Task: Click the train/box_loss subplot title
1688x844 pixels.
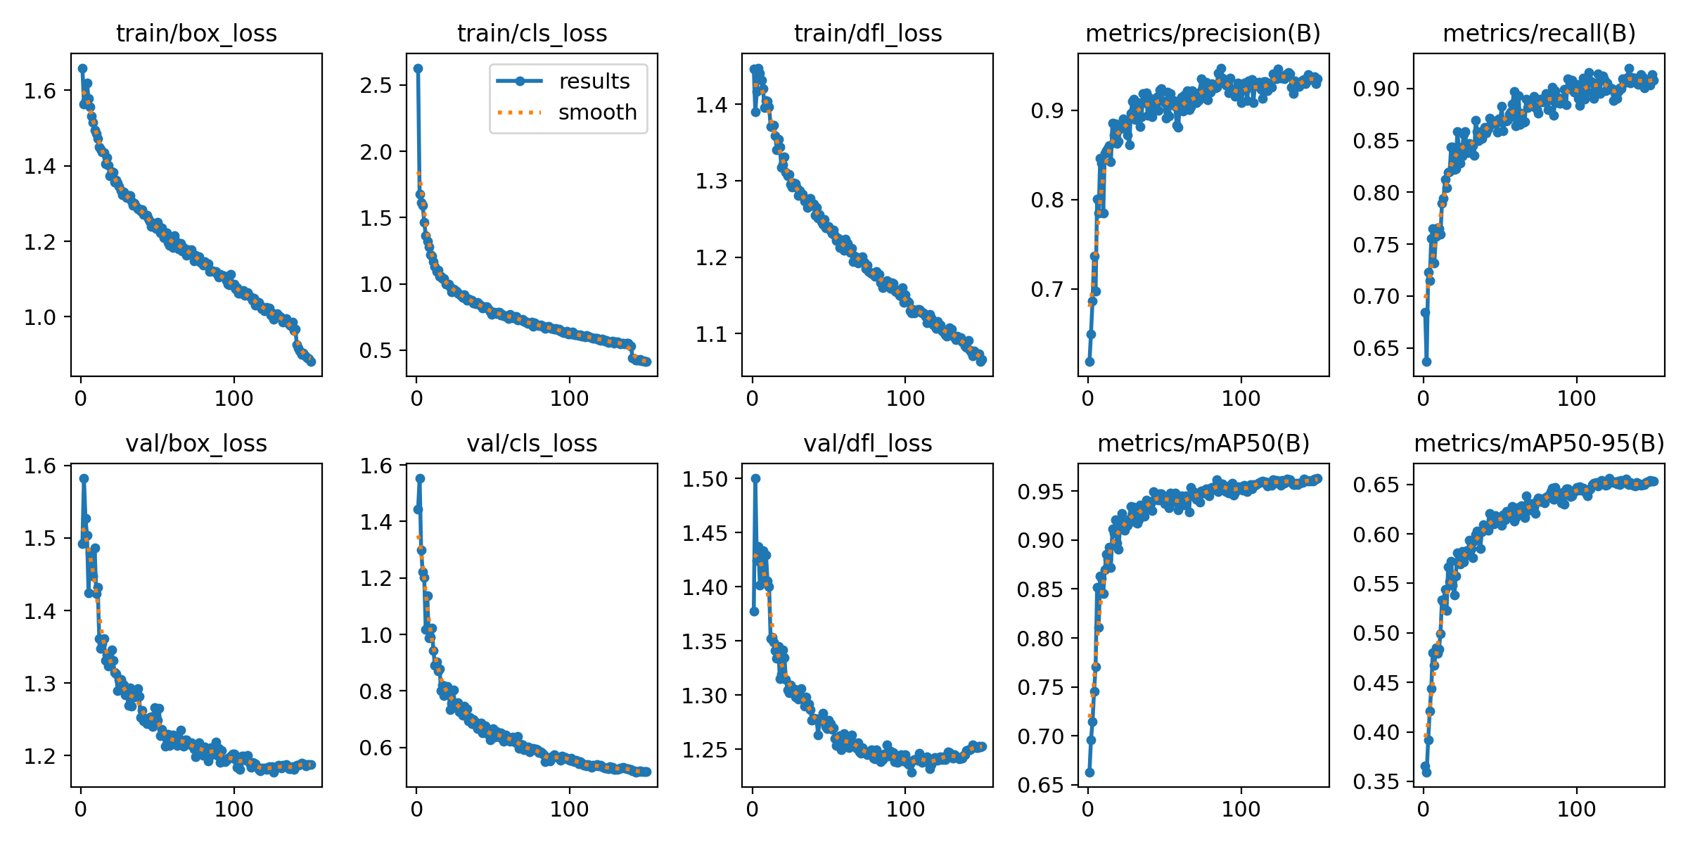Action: pos(196,34)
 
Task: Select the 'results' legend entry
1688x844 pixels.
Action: pos(594,82)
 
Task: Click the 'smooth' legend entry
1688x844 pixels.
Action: pos(597,113)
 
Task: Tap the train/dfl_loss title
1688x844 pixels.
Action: pos(867,34)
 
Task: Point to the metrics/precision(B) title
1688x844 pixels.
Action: pos(1203,34)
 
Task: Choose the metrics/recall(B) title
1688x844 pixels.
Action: pos(1539,34)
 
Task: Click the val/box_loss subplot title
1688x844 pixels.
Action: pos(196,444)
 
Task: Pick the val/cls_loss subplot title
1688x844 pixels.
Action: pos(532,444)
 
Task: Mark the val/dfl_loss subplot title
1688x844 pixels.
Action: pos(867,444)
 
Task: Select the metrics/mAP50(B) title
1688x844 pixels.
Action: pos(1203,444)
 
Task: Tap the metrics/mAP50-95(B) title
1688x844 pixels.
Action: pos(1539,444)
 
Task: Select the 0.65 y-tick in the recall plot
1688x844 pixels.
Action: pos(1376,349)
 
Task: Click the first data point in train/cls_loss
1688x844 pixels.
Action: pos(418,68)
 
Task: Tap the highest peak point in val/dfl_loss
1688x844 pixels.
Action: pos(755,478)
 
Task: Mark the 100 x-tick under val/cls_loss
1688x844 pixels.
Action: pos(569,810)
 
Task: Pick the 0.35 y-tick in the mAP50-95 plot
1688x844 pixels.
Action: pos(1376,782)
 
